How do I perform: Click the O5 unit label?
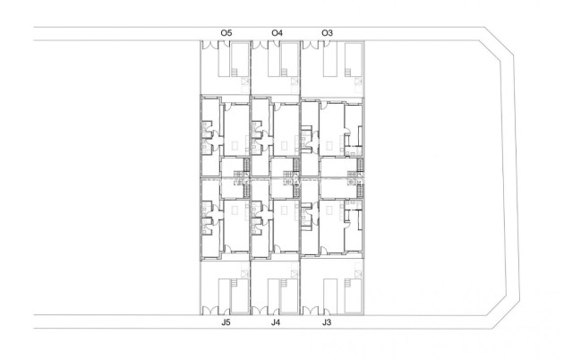point(226,32)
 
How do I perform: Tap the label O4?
point(278,32)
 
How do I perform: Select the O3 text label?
point(327,32)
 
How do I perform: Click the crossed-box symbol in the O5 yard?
point(245,82)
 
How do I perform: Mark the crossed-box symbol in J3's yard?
point(358,272)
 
